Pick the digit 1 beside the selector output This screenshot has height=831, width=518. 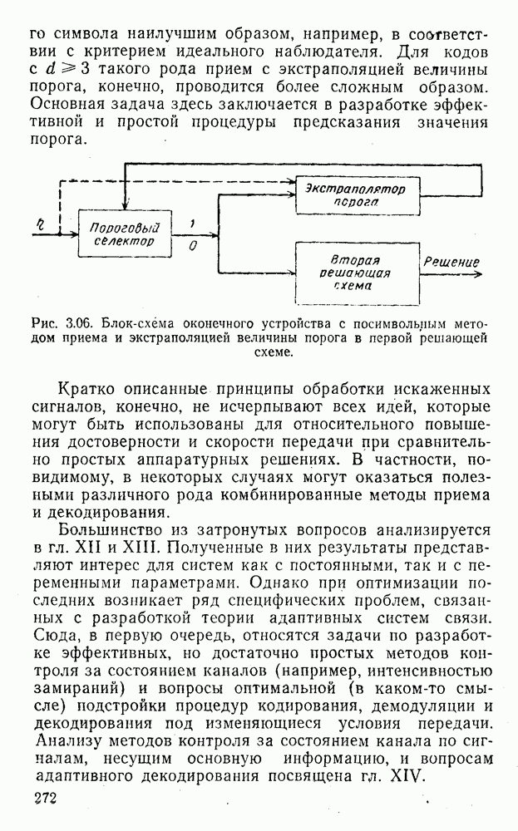pos(192,223)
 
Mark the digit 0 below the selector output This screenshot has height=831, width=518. pos(193,247)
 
